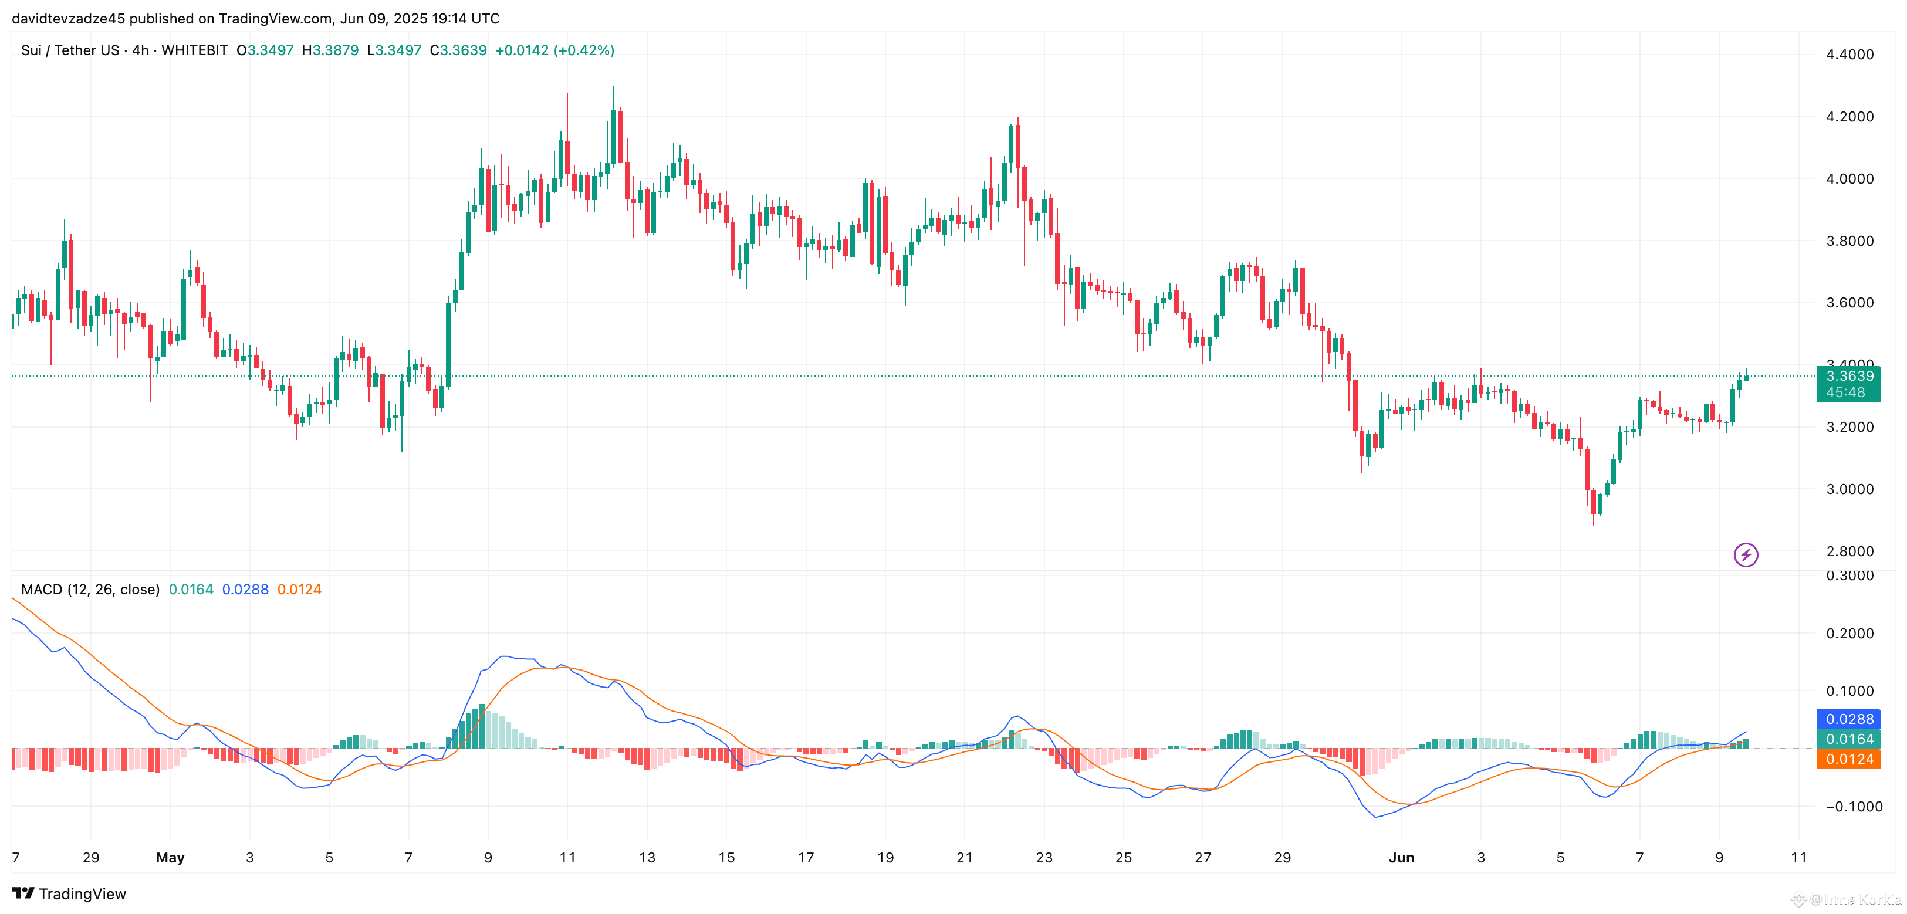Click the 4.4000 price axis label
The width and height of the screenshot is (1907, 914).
[x=1849, y=54]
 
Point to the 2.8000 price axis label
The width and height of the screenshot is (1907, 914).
[x=1849, y=551]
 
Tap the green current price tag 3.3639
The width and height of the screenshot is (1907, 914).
[x=1848, y=376]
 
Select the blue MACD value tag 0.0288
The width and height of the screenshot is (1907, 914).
[x=1848, y=719]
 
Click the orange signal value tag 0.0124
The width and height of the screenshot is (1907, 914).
[x=1848, y=759]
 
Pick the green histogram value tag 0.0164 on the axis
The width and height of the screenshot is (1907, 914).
[x=1848, y=739]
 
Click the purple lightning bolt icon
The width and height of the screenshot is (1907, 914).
[x=1746, y=554]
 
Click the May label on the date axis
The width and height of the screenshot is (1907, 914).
[x=170, y=857]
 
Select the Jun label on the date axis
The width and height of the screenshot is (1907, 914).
[x=1401, y=857]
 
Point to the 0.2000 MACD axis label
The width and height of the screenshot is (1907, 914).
[x=1849, y=634]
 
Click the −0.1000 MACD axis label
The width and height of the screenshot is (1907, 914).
[x=1848, y=807]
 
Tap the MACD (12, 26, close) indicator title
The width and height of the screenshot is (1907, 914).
[x=90, y=589]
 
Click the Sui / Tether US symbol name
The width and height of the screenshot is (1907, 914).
[x=70, y=50]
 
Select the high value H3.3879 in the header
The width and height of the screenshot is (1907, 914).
[x=330, y=50]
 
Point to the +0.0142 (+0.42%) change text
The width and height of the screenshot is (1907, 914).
[x=554, y=50]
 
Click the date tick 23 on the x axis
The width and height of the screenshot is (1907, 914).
[x=1044, y=857]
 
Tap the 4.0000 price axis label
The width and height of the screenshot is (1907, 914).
[x=1849, y=178]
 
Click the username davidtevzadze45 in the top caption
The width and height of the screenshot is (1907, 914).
[x=68, y=19]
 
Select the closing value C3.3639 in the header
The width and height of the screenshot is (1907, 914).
[x=458, y=50]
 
